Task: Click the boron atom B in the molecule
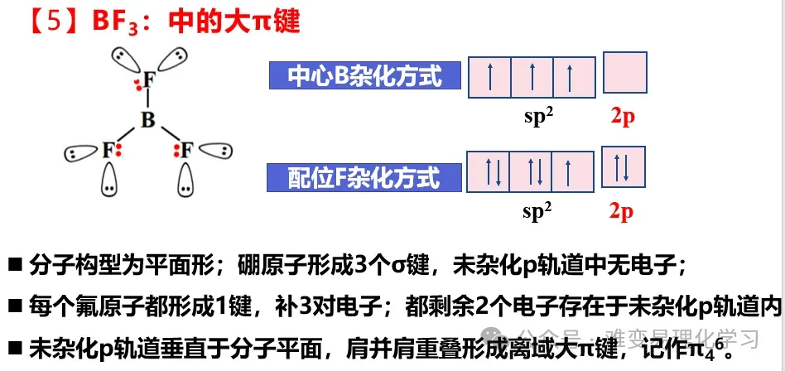(148, 121)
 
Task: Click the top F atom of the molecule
(148, 79)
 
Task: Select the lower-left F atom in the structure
(108, 150)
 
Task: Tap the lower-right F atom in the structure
(186, 150)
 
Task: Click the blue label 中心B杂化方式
(366, 77)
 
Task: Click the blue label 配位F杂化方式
(364, 177)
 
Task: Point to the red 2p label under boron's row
(623, 117)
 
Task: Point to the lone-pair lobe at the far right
(216, 151)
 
